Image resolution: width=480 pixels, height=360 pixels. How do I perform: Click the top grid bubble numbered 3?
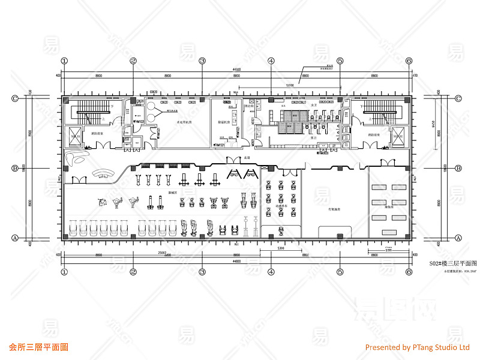[202, 61]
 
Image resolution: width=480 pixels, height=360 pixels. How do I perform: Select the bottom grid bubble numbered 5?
[340, 271]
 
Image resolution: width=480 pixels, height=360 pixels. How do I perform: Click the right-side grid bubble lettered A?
[459, 238]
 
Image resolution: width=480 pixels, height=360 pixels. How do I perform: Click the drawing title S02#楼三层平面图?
[454, 264]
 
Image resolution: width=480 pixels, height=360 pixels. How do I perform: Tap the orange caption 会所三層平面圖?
[39, 347]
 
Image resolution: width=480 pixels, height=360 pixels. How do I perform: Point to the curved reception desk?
[103, 174]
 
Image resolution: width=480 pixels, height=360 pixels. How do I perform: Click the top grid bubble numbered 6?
[409, 61]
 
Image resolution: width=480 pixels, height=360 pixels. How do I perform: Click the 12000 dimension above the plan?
[290, 85]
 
